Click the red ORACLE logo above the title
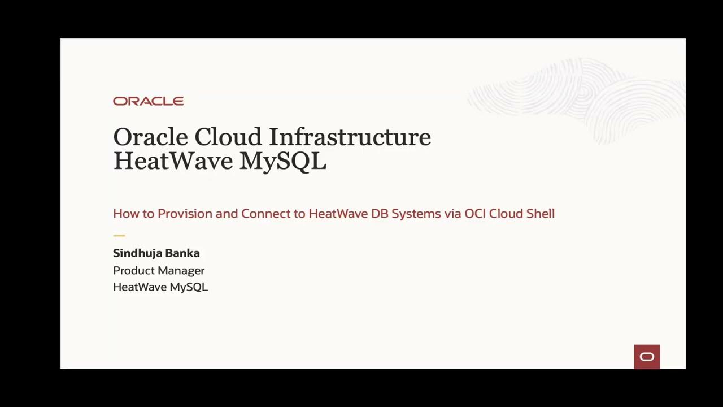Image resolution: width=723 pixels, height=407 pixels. tap(148, 101)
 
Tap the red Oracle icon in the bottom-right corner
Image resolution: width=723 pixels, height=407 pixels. tap(647, 357)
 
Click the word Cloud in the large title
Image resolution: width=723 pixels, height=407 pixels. tap(228, 137)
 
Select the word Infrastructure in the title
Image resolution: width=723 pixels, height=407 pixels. tap(350, 137)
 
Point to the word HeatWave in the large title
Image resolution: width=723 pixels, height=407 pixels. tap(173, 161)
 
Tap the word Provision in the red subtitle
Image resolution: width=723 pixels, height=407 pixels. tap(185, 214)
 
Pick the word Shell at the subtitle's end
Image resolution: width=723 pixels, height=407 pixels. tap(539, 214)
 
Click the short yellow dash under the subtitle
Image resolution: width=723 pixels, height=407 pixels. tap(119, 235)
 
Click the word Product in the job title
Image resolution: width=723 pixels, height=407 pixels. tap(133, 271)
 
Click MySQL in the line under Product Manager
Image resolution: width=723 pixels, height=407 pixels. tap(189, 287)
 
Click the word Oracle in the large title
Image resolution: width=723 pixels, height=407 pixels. tap(150, 137)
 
